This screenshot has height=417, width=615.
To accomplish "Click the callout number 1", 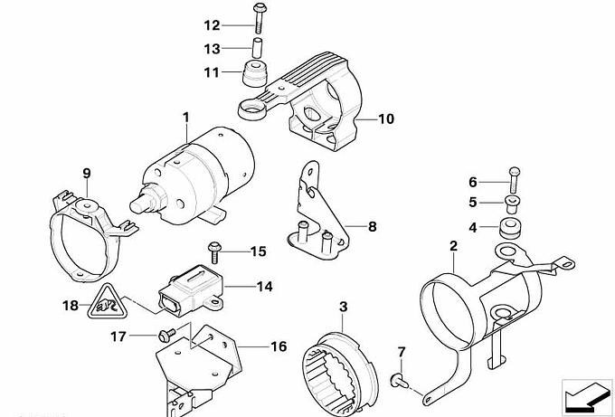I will click(185, 118).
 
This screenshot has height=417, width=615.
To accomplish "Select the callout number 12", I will click(211, 24).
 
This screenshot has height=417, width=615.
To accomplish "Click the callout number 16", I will click(278, 346).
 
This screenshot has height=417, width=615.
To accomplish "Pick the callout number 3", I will click(343, 308).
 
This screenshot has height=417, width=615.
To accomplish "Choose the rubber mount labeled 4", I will click(513, 226).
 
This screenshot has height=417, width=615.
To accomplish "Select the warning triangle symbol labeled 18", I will click(109, 306).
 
